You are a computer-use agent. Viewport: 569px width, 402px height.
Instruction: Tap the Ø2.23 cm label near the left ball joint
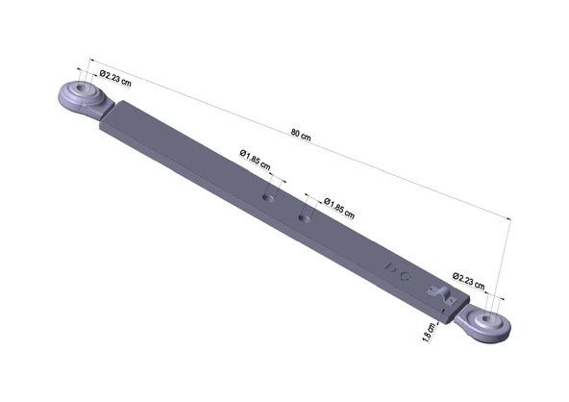point(113,77)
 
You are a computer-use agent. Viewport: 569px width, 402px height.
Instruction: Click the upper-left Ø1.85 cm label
point(255,156)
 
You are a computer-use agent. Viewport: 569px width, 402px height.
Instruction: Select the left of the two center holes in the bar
point(270,195)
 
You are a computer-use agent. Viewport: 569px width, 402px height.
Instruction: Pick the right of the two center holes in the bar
point(305,217)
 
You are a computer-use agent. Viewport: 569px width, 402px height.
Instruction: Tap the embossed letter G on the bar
point(408,273)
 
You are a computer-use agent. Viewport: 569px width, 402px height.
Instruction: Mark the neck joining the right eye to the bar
point(465,314)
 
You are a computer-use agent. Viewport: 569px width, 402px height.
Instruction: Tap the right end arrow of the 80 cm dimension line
point(508,220)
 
